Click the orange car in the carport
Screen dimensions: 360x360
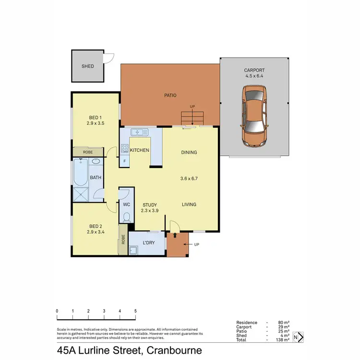pyautogui.click(x=254, y=116)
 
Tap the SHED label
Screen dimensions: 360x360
pyautogui.click(x=87, y=66)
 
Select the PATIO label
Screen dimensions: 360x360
pyautogui.click(x=170, y=96)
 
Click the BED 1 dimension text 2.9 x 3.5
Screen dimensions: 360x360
pyautogui.click(x=96, y=123)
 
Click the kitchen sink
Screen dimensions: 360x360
pyautogui.click(x=140, y=132)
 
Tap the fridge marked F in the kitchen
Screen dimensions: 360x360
pyautogui.click(x=125, y=161)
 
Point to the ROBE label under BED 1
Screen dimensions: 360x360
pyautogui.click(x=88, y=152)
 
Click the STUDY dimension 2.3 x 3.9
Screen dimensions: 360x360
pyautogui.click(x=149, y=211)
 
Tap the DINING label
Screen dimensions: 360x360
pyautogui.click(x=189, y=153)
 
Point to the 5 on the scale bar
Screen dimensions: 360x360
pyautogui.click(x=136, y=311)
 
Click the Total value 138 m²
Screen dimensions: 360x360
pyautogui.click(x=282, y=340)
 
